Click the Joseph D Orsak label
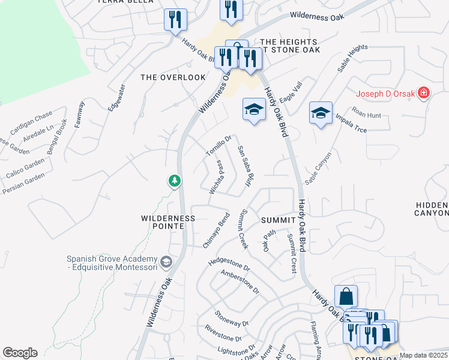386,93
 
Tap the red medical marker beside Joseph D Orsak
424,93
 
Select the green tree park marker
174,180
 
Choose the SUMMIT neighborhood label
277,220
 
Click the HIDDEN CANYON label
432,209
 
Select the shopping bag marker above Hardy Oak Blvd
346,296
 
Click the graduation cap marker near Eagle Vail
254,110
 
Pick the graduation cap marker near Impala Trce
321,113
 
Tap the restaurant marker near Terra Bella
175,19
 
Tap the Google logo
20,353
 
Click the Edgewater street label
116,98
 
